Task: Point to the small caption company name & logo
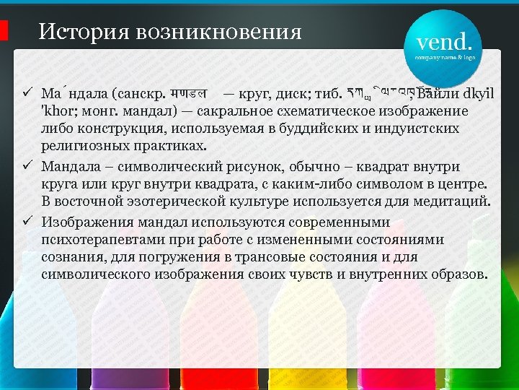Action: pos(445,56)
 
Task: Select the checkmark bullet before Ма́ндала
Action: pos(25,93)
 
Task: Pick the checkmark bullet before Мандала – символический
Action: pos(25,167)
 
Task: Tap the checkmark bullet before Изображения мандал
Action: pos(25,222)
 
